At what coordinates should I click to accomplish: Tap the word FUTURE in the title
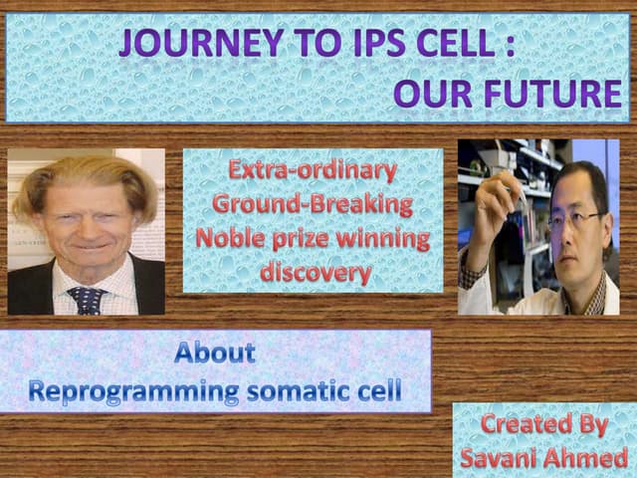(565, 93)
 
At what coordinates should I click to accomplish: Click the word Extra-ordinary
(313, 170)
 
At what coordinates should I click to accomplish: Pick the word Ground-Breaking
(313, 204)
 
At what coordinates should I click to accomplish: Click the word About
(215, 352)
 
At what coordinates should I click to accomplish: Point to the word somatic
(303, 390)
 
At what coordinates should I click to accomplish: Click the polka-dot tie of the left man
(88, 299)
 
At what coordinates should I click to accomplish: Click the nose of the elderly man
(85, 233)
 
